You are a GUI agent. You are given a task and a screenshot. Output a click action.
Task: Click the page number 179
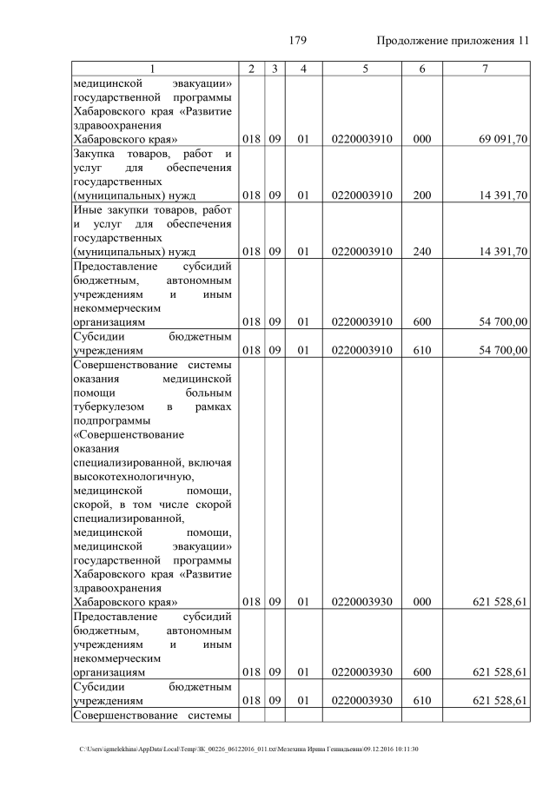coord(296,41)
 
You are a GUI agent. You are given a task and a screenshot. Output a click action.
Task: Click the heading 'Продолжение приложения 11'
coord(453,41)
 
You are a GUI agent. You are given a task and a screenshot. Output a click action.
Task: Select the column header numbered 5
coord(361,69)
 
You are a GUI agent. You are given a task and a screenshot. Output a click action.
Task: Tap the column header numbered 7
coord(486,69)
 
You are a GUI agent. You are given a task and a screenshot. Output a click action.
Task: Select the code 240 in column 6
coord(422,252)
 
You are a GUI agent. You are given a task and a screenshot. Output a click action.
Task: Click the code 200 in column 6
coord(422,195)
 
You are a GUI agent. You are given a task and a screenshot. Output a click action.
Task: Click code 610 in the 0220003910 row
coord(422,350)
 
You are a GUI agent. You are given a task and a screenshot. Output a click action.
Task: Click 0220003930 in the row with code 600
coord(361,672)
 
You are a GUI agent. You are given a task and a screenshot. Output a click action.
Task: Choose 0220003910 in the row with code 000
coord(361,138)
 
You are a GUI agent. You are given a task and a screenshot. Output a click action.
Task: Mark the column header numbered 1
coord(153,69)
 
